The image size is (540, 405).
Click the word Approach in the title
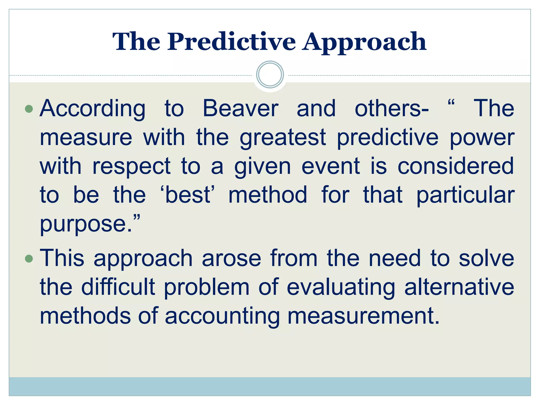click(x=364, y=42)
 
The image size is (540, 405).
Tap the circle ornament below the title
click(x=270, y=75)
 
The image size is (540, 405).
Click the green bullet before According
click(x=29, y=109)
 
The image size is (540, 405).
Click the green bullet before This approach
click(x=29, y=259)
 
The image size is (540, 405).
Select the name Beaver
click(x=240, y=109)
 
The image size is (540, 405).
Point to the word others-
click(x=392, y=109)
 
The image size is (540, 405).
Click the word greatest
click(x=283, y=138)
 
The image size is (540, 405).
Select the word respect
click(x=131, y=167)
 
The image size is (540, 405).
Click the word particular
click(x=465, y=195)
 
